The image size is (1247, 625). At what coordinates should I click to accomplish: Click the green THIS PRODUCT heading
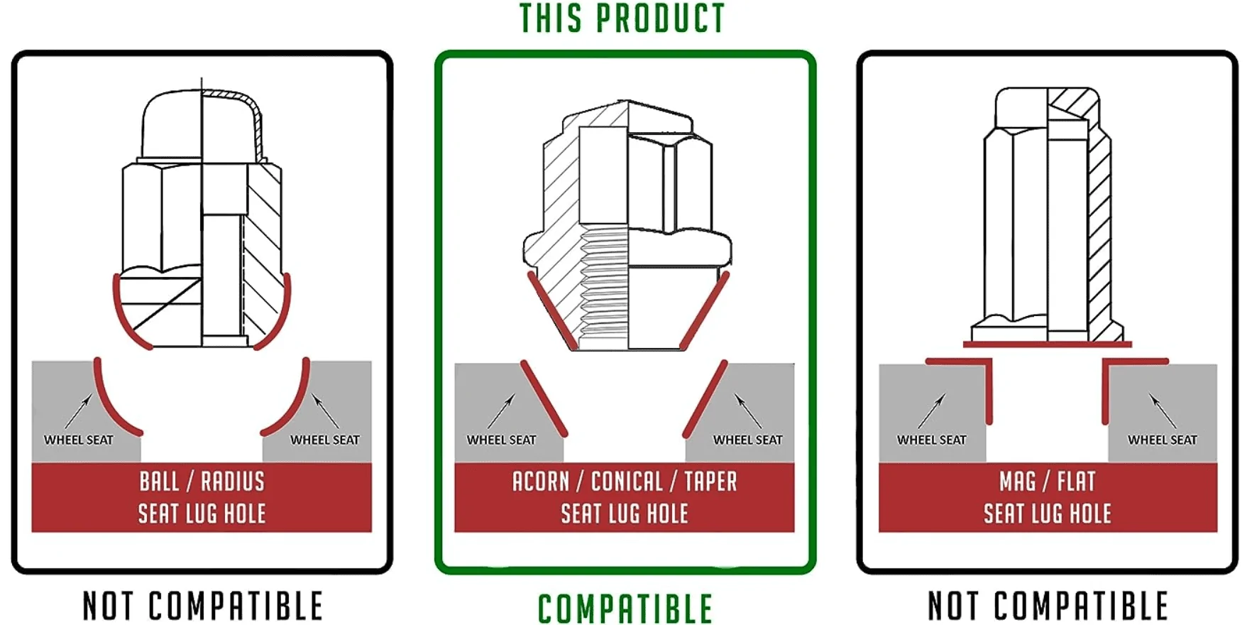coord(622,18)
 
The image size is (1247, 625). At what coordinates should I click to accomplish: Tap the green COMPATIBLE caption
coord(625,609)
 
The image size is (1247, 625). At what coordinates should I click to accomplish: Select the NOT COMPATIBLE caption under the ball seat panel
coord(202,606)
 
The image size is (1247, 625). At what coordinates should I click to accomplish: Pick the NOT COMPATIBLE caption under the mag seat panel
coord(1048,606)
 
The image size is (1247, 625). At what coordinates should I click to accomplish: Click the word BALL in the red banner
coord(159,482)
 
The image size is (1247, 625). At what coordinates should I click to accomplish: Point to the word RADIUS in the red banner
coord(233,482)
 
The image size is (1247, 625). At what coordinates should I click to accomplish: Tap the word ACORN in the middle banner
coord(541,482)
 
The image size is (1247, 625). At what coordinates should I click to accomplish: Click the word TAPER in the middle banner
coord(711,482)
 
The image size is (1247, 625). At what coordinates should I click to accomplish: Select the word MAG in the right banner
coord(1017,482)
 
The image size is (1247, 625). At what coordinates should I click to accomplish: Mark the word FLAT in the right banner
coord(1077,482)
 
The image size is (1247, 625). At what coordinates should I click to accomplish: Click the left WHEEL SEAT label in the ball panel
coord(79,440)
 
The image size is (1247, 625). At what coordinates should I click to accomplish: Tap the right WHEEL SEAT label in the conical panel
coord(748,440)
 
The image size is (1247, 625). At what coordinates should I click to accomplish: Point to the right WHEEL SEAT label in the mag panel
coord(1163,440)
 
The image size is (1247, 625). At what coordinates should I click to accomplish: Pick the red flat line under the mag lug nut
coord(1047,344)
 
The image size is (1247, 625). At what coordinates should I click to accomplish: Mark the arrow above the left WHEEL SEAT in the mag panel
coord(931,411)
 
